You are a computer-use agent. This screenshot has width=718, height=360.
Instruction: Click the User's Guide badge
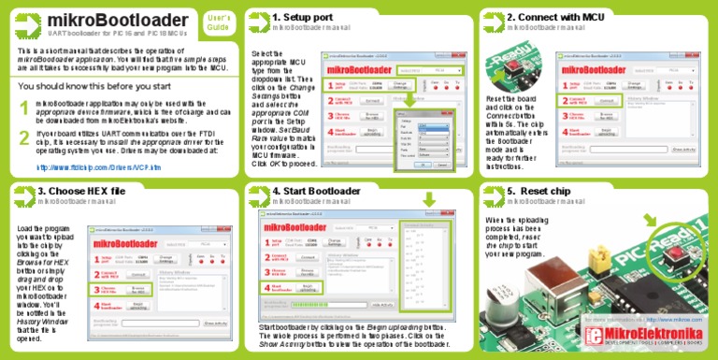pyautogui.click(x=217, y=22)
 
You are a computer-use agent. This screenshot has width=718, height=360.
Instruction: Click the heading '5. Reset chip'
pyautogui.click(x=543, y=191)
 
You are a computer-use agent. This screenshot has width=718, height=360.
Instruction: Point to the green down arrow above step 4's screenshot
pyautogui.click(x=428, y=200)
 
